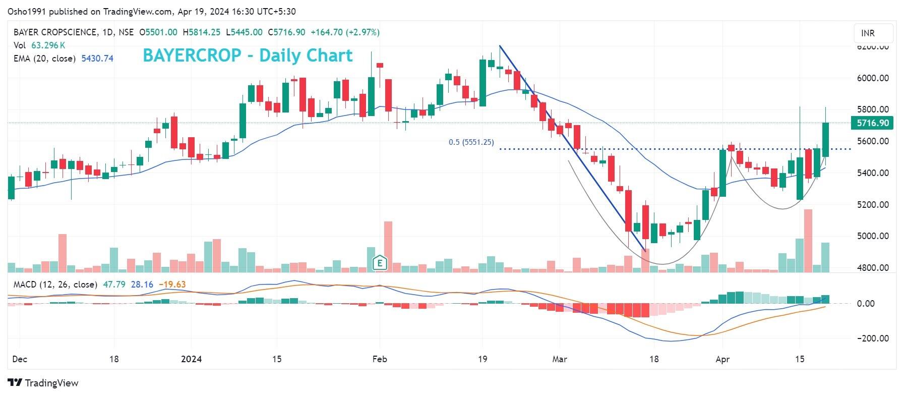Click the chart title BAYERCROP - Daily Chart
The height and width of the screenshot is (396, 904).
click(x=248, y=55)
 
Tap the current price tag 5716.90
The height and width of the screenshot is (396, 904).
click(x=871, y=123)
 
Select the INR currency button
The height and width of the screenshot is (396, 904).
click(x=868, y=33)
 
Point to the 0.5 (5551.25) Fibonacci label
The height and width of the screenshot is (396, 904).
click(x=471, y=142)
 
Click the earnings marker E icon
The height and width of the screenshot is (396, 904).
click(x=379, y=262)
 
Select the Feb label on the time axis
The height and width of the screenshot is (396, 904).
click(x=379, y=359)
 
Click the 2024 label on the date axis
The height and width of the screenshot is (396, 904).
click(x=191, y=359)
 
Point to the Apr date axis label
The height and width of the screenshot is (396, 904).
click(x=722, y=359)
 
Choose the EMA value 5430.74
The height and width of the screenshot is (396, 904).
click(x=97, y=59)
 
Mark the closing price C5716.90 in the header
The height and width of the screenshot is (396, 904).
click(x=286, y=32)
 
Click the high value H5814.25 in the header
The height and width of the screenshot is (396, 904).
click(x=201, y=32)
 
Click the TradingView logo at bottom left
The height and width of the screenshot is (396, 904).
click(x=43, y=383)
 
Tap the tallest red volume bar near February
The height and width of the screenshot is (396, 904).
click(x=388, y=246)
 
